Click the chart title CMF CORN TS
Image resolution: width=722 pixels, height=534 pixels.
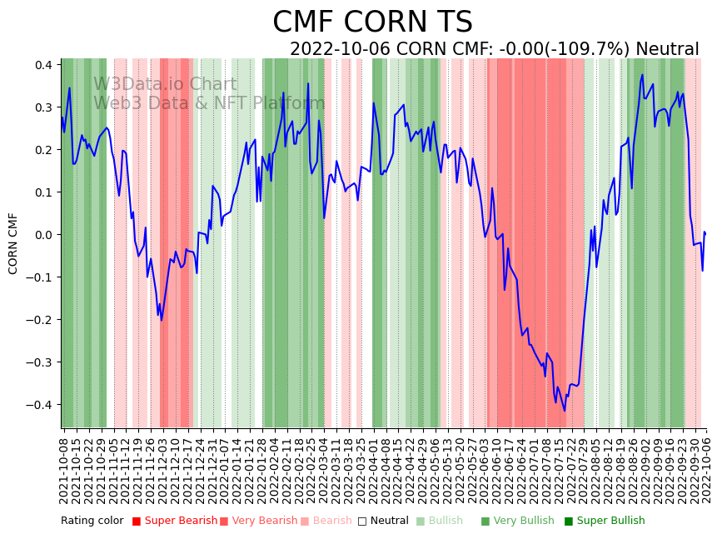click(x=372, y=22)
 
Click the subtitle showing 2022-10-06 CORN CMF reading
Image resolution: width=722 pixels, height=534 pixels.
click(x=494, y=49)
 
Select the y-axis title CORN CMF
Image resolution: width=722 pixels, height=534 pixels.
click(x=13, y=243)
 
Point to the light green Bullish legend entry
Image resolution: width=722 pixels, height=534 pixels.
click(x=445, y=522)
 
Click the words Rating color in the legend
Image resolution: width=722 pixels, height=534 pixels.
click(x=92, y=522)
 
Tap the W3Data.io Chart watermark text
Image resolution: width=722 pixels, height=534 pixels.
click(x=165, y=84)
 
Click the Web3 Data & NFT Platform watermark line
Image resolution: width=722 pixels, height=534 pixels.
click(x=209, y=103)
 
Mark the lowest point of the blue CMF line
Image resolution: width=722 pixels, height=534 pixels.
click(x=565, y=411)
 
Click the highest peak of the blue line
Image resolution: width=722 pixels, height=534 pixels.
click(x=642, y=75)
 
